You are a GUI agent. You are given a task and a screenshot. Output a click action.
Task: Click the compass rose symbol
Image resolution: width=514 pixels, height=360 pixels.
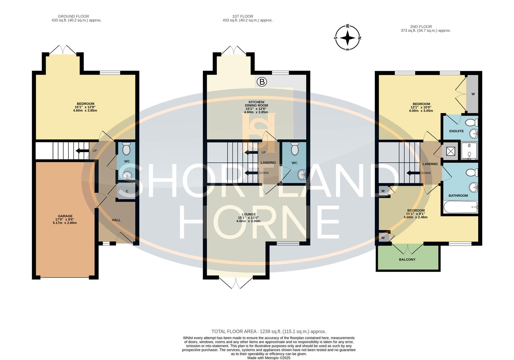click(348, 38)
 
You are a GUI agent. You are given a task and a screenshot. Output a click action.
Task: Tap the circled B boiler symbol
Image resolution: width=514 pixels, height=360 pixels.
click(262, 82)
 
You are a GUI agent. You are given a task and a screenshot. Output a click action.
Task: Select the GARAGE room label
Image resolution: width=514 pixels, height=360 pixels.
click(65, 216)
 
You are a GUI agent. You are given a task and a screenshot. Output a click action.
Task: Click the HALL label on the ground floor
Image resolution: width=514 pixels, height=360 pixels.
click(116, 220)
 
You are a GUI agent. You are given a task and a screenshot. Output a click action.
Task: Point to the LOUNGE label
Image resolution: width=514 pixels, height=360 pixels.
click(248, 214)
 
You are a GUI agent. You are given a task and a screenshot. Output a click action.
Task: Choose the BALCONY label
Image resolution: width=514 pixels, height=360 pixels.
click(407, 259)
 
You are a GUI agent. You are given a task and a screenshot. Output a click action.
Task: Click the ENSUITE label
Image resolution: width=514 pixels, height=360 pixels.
click(456, 131)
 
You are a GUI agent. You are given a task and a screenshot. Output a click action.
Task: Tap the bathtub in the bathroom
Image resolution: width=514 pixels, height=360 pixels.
click(461, 207)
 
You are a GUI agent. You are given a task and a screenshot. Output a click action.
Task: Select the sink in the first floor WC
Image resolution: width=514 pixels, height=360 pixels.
click(302, 175)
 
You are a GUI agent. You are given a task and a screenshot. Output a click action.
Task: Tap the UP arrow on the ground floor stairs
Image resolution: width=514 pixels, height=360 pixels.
click(82, 151)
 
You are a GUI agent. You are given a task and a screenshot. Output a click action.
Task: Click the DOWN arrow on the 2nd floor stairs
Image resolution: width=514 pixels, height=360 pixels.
click(413, 173)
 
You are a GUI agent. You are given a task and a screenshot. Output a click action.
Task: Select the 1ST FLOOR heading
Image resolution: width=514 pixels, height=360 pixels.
click(242, 16)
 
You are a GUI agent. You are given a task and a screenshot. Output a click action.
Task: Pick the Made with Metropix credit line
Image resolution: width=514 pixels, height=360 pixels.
click(269, 358)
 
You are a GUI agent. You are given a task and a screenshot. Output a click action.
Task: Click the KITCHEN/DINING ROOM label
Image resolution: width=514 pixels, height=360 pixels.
click(256, 104)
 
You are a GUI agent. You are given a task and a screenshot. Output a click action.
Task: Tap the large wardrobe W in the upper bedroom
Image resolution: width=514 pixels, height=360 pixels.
click(473, 94)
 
